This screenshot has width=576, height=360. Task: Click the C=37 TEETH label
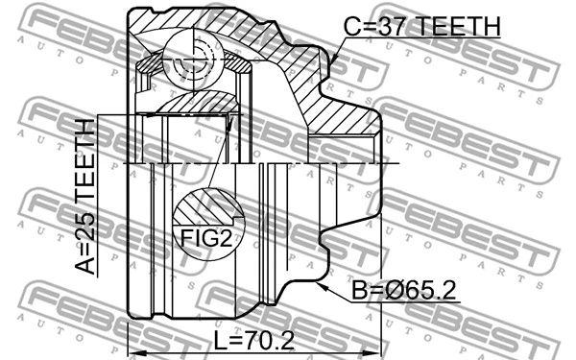tap(422, 28)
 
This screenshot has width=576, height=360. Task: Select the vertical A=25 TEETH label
tap(85, 198)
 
